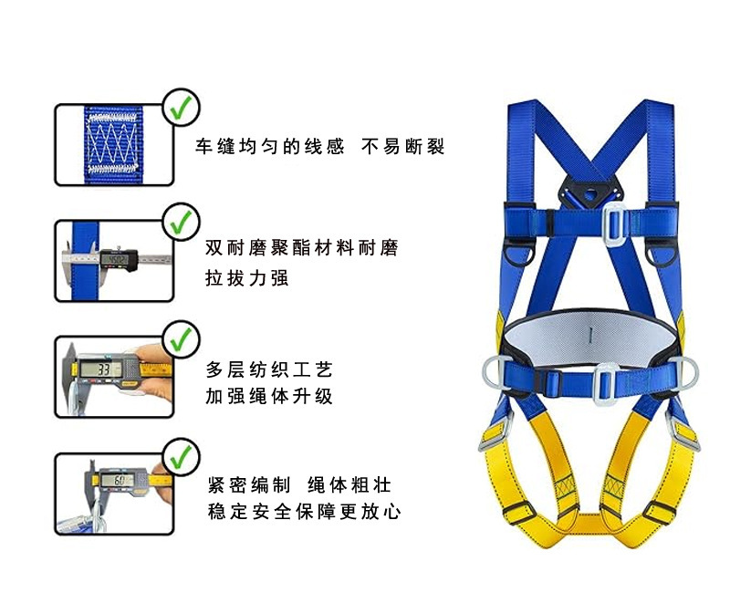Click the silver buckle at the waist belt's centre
tap(601, 381)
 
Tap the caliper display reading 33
tap(103, 369)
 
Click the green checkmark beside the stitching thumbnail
tap(181, 106)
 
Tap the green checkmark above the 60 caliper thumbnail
tap(181, 453)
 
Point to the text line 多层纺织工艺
tap(268, 369)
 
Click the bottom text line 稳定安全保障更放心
tap(304, 511)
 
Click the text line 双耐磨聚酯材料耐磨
tap(302, 248)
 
